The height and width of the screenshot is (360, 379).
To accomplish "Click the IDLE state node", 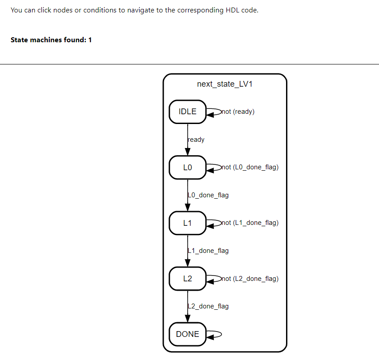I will (187, 112).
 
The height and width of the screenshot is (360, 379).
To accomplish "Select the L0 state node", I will (187, 168).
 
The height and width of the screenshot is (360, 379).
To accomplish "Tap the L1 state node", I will (187, 223).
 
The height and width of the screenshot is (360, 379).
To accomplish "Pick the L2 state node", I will (187, 279).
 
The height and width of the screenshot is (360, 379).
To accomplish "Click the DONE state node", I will (187, 334).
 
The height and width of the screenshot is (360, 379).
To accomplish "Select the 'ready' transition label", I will (196, 140).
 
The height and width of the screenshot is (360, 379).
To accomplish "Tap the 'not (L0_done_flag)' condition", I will (250, 168).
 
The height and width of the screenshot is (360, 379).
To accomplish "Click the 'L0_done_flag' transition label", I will (208, 195).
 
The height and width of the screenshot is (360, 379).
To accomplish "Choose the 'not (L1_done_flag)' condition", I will (250, 223).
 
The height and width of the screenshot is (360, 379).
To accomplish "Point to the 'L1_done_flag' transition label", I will (208, 251).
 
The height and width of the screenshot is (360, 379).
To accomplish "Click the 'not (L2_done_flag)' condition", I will (250, 279).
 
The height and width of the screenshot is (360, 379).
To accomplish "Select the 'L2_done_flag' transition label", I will (208, 306).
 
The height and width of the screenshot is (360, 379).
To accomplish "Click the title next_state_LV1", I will (225, 84).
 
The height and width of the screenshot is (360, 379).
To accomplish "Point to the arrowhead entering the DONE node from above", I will (188, 318).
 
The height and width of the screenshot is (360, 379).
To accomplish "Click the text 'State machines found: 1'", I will (51, 40).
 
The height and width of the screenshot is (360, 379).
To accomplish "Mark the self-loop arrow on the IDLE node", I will (214, 112).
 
